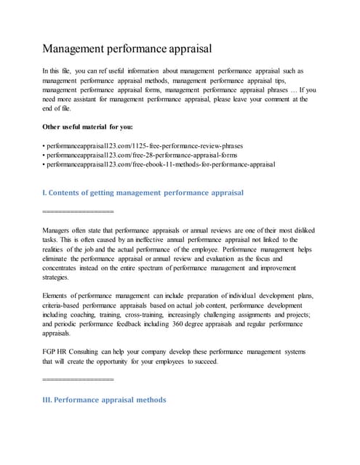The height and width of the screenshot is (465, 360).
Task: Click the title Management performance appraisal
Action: coord(127,49)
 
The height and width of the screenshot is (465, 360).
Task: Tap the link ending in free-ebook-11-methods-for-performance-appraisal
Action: coord(159,165)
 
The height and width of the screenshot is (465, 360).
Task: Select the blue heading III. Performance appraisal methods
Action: coord(105,400)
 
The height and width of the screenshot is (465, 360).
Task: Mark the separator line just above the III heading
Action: coord(79,380)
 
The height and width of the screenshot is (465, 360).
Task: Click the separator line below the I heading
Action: coord(79,211)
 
